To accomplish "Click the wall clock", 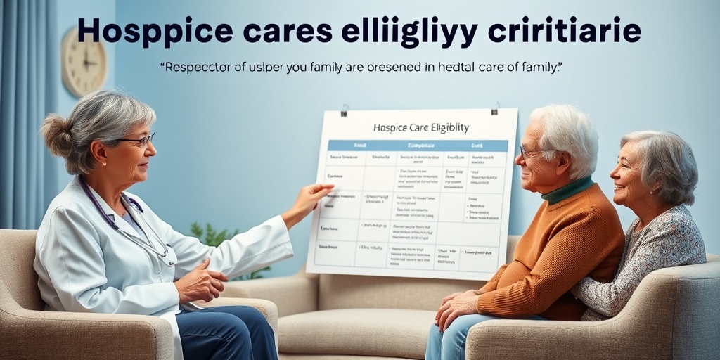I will pos(84,63).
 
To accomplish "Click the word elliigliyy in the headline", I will pos(408,32).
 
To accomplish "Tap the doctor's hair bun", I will pos(56,134).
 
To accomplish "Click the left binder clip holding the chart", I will pos(345,110).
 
